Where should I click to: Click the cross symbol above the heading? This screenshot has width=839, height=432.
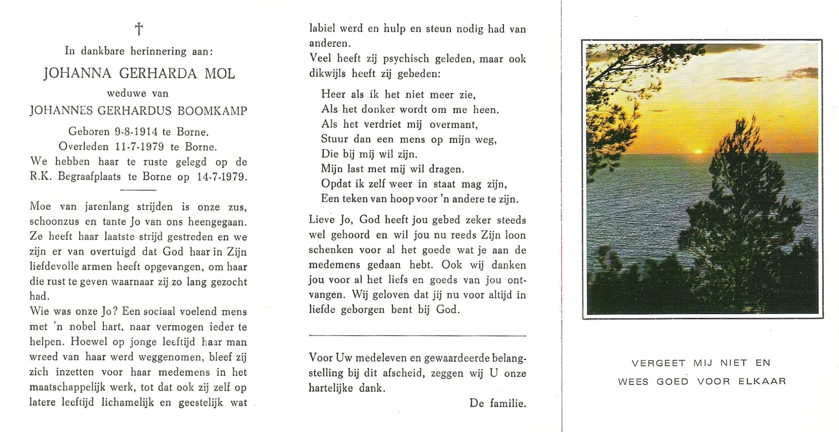139,29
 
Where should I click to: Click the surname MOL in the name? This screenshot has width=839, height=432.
220,73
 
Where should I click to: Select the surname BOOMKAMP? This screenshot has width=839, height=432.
212,111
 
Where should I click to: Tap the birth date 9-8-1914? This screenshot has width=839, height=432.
136,132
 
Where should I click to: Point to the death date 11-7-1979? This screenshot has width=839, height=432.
139,147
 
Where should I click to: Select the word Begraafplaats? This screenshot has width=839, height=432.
89,177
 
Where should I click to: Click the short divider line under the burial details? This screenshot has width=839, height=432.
138,190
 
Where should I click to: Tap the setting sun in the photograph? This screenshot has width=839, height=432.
698,152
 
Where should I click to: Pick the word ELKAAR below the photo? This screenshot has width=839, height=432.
762,381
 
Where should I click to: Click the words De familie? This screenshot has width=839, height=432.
497,403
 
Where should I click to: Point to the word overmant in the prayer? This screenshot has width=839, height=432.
454,125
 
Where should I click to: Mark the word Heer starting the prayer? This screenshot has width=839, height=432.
333,94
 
